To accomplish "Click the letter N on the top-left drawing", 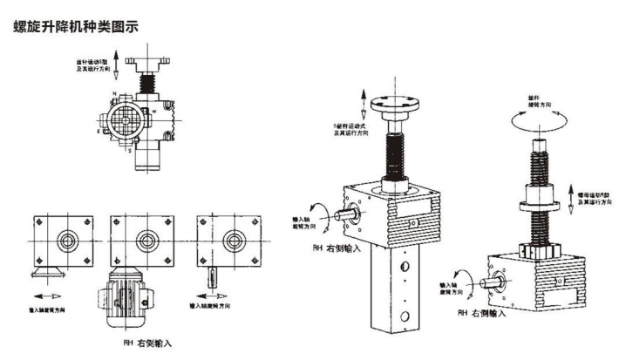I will click(x=114, y=92).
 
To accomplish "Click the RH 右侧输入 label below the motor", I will click(x=147, y=343).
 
